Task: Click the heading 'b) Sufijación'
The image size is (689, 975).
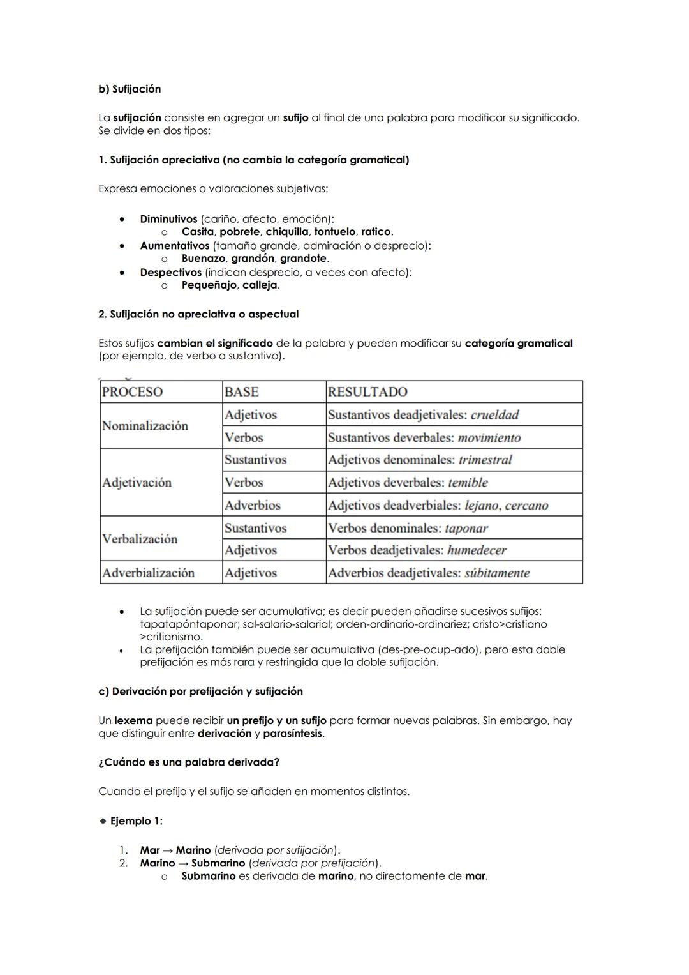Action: click(x=130, y=89)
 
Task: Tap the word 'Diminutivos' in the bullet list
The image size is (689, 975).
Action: click(x=168, y=219)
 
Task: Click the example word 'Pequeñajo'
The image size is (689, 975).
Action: click(x=209, y=285)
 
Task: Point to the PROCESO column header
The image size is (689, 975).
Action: click(x=133, y=392)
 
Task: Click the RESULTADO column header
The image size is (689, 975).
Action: click(x=367, y=392)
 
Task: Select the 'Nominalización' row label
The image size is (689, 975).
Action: click(x=145, y=426)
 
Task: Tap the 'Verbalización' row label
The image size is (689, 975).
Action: click(x=140, y=539)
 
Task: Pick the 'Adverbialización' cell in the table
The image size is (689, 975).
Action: click(x=148, y=573)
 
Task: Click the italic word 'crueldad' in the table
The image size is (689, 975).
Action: click(x=494, y=415)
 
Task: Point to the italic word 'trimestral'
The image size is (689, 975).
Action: click(x=485, y=460)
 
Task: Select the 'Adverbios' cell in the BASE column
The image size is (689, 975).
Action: click(x=253, y=505)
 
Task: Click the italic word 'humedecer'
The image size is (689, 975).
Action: click(x=477, y=550)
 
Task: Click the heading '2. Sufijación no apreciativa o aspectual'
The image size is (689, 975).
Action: click(x=198, y=314)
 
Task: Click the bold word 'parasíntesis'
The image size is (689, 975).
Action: click(x=292, y=734)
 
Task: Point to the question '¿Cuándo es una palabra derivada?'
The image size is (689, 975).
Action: click(x=189, y=762)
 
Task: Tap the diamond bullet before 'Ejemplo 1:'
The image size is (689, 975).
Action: click(x=103, y=821)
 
